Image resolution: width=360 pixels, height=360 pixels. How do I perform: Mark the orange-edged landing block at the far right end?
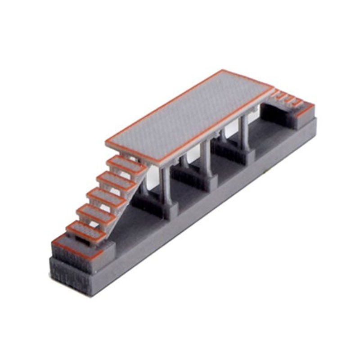point(304,112)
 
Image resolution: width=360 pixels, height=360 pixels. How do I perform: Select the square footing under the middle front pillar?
point(210,182)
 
